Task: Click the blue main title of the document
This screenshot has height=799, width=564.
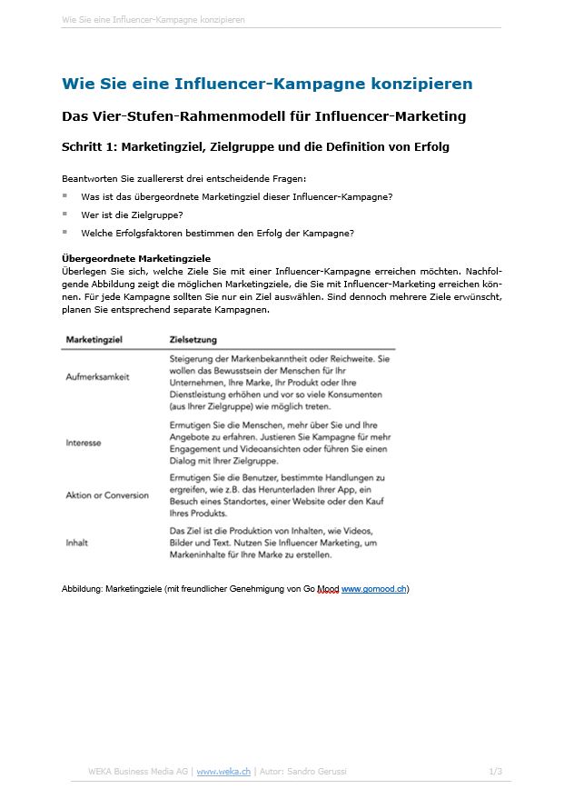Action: pyautogui.click(x=267, y=84)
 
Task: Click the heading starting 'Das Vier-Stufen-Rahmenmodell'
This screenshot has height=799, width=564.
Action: pyautogui.click(x=263, y=116)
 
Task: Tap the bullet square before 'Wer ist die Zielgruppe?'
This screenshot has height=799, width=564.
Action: pyautogui.click(x=65, y=214)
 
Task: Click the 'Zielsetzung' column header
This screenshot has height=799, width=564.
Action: pyautogui.click(x=193, y=340)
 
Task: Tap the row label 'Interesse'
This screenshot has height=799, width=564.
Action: pyautogui.click(x=84, y=443)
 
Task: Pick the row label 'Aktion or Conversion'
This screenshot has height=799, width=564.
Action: pyautogui.click(x=107, y=495)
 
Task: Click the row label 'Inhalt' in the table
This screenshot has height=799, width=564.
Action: pyautogui.click(x=77, y=543)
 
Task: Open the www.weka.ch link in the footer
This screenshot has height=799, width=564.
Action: pyautogui.click(x=223, y=772)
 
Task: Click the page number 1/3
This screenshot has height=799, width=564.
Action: pyautogui.click(x=495, y=772)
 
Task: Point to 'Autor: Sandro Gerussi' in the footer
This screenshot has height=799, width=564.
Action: pyautogui.click(x=302, y=772)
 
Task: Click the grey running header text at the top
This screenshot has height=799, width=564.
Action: pyautogui.click(x=153, y=19)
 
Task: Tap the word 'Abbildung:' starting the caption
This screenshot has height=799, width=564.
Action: pyautogui.click(x=82, y=589)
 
